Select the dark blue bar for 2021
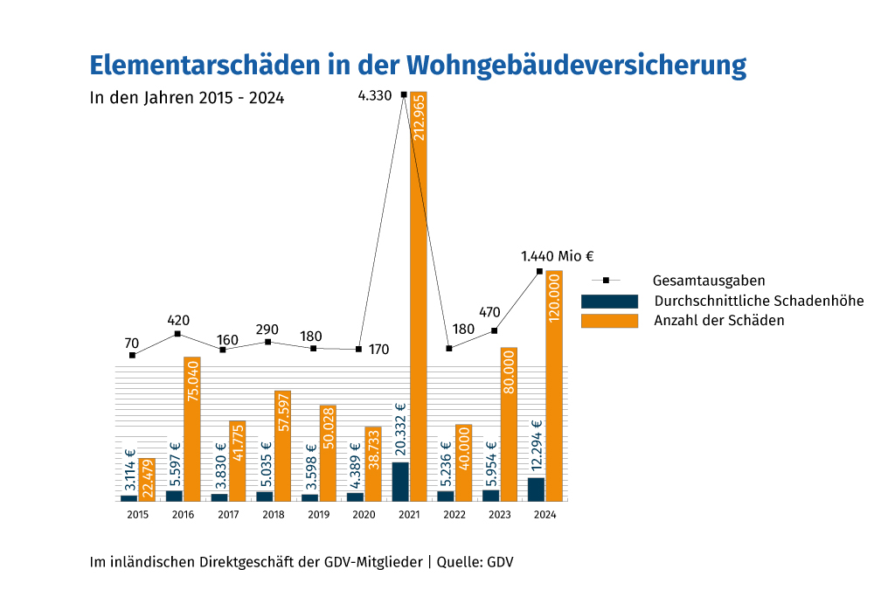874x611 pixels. (400, 481)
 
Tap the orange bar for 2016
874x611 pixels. (192, 428)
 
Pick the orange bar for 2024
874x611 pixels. (554, 385)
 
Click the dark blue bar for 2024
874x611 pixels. (536, 489)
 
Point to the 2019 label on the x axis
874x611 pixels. (319, 516)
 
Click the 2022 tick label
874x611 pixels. (454, 516)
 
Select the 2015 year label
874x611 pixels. (137, 516)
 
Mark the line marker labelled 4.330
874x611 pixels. (404, 94)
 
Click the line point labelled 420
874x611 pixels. (177, 334)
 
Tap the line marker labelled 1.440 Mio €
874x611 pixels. (539, 271)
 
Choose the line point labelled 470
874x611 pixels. (495, 330)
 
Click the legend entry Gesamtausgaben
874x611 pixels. (709, 281)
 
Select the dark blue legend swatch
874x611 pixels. (609, 301)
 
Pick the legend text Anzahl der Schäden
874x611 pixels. (718, 321)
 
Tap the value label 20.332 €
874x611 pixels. (401, 429)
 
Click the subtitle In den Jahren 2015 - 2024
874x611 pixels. (187, 98)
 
